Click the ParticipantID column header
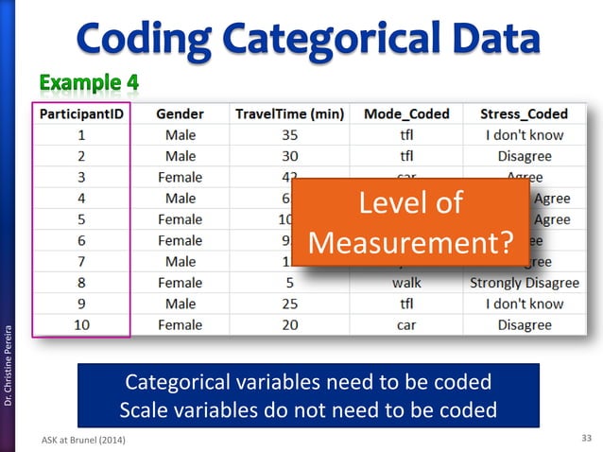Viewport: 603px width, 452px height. pos(82,113)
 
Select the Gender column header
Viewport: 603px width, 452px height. pos(180,113)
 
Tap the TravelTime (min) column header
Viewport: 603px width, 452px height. pos(289,113)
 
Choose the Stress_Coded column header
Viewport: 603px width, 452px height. pos(524,113)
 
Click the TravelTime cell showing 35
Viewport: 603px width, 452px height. pos(289,135)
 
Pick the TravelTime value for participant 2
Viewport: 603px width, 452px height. pos(289,156)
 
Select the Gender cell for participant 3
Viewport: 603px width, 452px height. pos(180,178)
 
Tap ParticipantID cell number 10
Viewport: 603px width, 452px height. pos(82,325)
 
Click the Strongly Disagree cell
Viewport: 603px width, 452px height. pos(524,283)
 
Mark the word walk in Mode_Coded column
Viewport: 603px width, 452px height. pos(405,283)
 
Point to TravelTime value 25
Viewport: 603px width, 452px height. pos(289,304)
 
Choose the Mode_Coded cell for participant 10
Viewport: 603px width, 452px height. pos(405,325)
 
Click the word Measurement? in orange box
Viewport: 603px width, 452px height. pos(410,243)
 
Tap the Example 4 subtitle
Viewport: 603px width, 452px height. pos(90,83)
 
